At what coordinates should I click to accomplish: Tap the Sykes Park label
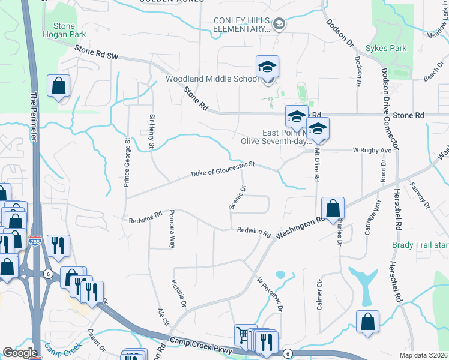[390, 49]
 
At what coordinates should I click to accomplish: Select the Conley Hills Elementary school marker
[279, 24]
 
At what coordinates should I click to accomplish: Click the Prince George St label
[127, 162]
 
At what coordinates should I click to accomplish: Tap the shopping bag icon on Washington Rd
[333, 209]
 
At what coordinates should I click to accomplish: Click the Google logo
[19, 353]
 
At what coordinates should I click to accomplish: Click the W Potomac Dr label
[270, 295]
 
